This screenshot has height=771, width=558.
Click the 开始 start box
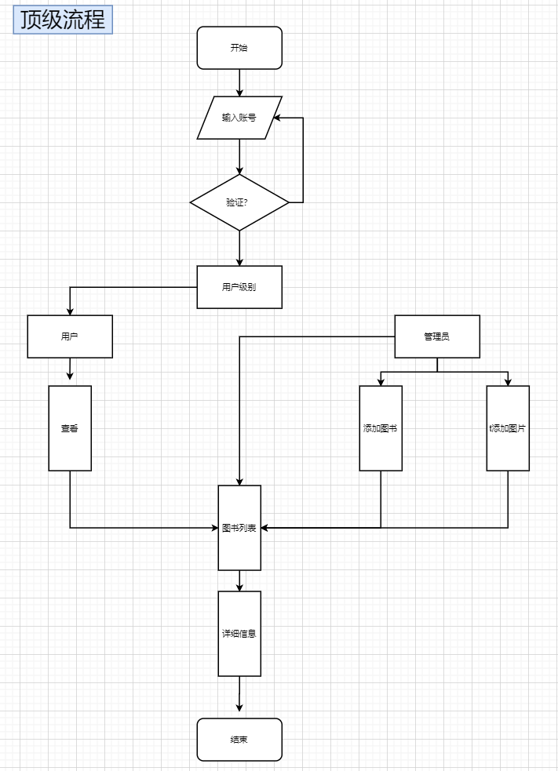(239, 48)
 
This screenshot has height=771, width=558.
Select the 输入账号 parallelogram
(239, 118)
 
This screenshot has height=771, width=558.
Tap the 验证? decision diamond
(239, 202)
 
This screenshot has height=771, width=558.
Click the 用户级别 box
(239, 287)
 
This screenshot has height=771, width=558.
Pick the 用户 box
(70, 336)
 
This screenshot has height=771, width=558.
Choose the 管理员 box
(437, 336)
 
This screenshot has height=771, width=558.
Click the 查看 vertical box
(70, 428)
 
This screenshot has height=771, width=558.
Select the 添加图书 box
(381, 428)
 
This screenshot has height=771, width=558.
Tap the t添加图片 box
(508, 428)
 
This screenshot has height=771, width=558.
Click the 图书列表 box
(239, 527)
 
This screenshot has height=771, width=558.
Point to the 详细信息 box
(239, 633)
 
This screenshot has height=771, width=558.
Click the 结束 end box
(239, 740)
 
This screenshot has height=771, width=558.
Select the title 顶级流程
(64, 20)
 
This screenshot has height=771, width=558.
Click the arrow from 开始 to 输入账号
(239, 82)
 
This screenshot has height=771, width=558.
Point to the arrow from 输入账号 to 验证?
(239, 156)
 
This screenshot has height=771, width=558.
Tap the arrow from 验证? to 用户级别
(239, 248)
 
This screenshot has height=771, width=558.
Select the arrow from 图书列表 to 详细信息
(239, 580)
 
